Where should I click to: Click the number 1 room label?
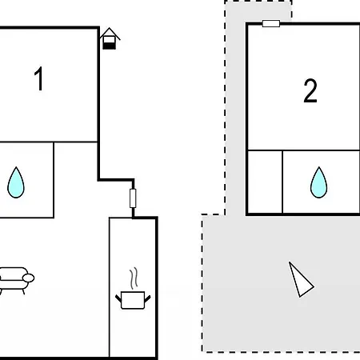point(39,78)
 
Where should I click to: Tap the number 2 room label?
point(310,91)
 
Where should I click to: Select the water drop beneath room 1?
point(16,182)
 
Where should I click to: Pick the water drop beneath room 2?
point(318,182)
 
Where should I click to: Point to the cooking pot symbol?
point(133,300)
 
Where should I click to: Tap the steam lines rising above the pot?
point(134,278)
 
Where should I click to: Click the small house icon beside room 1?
point(110,38)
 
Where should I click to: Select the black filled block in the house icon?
point(110,46)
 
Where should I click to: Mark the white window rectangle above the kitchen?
point(133,198)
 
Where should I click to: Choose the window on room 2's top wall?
point(271,23)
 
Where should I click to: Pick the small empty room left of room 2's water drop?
point(265,182)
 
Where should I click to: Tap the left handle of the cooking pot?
point(118,298)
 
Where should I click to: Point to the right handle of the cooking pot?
point(147,298)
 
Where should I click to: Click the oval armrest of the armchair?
point(28,278)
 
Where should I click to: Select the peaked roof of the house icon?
point(110,33)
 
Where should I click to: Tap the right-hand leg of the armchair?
point(23,292)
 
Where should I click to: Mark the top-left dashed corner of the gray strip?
point(225,2)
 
